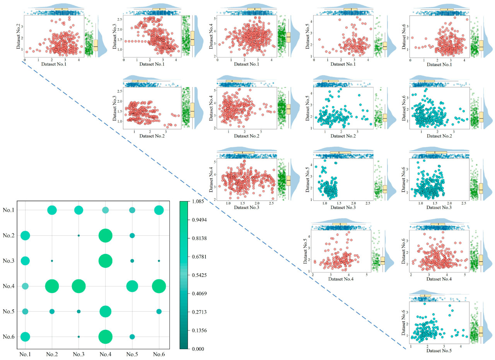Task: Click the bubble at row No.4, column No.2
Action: coord(52,286)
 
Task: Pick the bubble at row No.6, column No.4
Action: coord(105,337)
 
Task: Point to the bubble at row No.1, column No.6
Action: coord(159,210)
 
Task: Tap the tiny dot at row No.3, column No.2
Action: coord(52,261)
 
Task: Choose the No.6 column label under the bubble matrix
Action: coord(159,354)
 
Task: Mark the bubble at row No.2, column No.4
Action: coord(105,235)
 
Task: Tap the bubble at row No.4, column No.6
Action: coord(159,286)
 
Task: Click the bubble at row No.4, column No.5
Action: coord(132,286)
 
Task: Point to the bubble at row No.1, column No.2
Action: coord(52,210)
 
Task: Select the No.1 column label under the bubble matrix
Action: coord(25,354)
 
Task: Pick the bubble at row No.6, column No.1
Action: coord(25,337)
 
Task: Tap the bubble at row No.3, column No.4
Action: coord(105,261)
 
